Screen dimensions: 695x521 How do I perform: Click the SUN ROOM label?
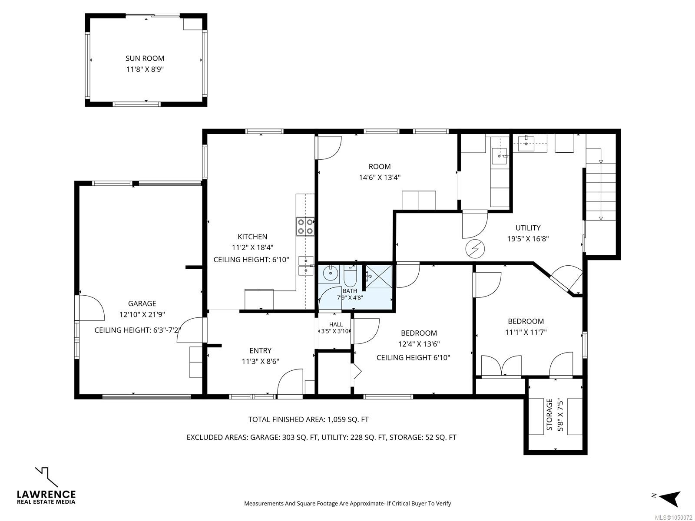(x=145, y=58)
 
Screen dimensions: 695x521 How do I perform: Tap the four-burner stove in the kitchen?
(x=305, y=227)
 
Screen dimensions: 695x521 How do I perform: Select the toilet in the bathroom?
(x=350, y=276)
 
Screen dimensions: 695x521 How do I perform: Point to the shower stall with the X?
(x=379, y=277)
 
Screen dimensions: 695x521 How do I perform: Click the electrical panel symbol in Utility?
(x=475, y=249)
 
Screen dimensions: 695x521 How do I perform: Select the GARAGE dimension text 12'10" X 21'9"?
(x=142, y=314)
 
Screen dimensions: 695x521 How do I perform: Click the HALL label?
(x=336, y=324)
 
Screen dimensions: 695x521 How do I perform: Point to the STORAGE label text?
(x=549, y=414)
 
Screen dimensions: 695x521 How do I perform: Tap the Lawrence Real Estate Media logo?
(x=46, y=485)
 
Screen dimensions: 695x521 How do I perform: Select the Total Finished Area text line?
(x=308, y=419)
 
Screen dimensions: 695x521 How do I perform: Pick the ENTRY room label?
(x=260, y=350)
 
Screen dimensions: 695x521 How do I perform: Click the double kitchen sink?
(x=306, y=265)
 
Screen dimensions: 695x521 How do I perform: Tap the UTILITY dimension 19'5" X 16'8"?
(x=528, y=239)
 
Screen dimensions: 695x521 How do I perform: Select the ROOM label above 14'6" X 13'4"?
(x=379, y=166)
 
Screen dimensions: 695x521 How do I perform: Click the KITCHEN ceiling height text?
(x=251, y=260)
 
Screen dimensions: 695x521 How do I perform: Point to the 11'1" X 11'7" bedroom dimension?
(x=526, y=332)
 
